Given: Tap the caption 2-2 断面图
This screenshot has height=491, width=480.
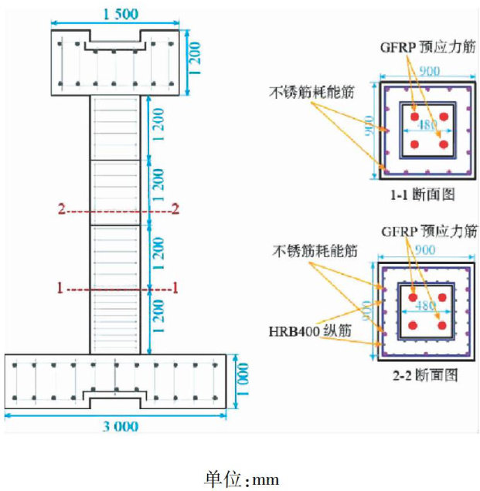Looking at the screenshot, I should pos(425,374).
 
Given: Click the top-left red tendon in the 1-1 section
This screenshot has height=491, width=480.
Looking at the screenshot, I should pos(414,117).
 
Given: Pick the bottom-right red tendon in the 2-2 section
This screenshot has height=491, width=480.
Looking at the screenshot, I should pos(442,325).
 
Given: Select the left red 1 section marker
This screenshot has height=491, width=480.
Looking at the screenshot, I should pos(61,287).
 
